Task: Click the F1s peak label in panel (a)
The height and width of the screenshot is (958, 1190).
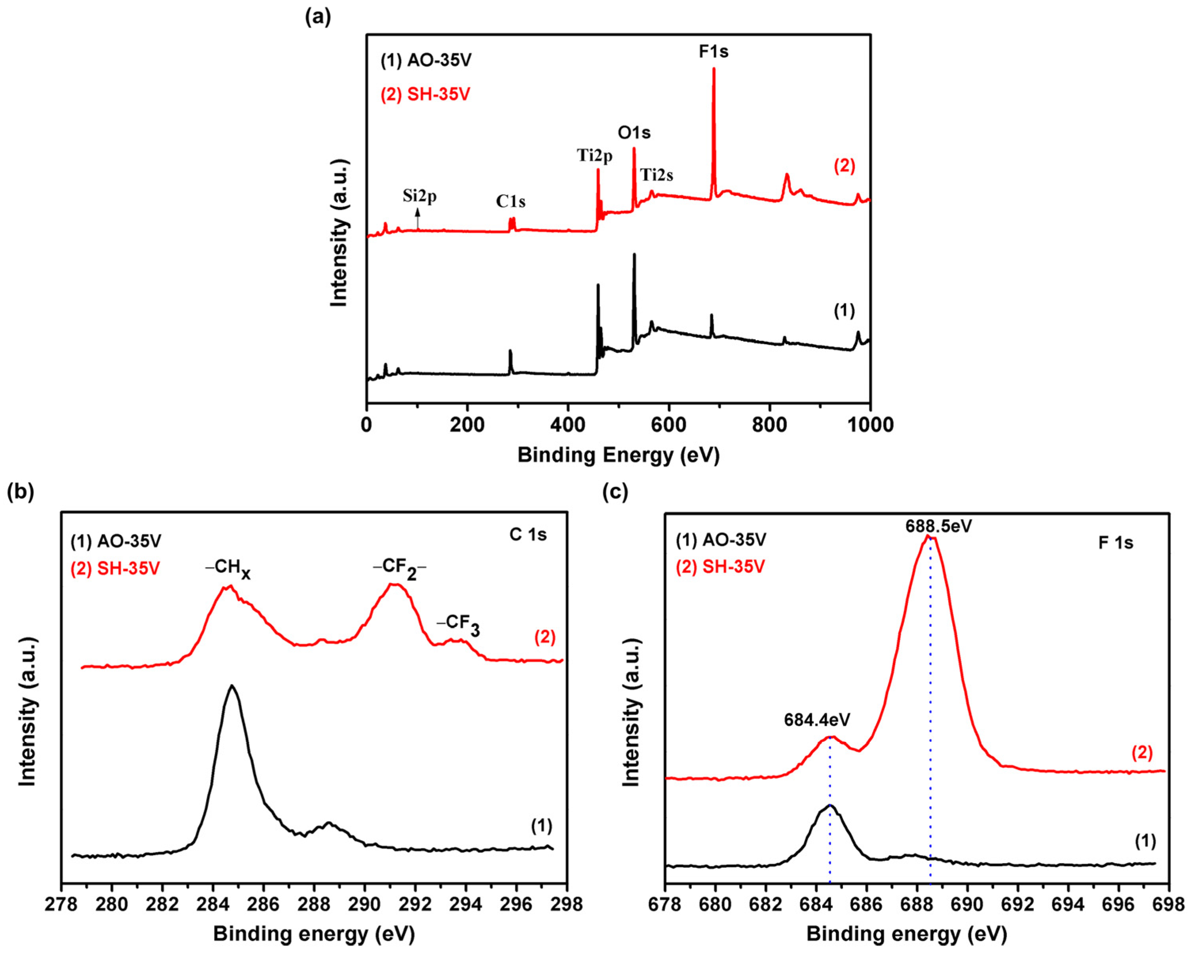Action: click(714, 52)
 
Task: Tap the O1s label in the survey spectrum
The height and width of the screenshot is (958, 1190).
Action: click(634, 133)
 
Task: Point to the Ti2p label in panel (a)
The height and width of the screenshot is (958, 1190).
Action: click(595, 156)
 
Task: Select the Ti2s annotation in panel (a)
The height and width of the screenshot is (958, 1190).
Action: click(657, 176)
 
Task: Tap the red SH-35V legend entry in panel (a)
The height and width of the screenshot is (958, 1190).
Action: click(425, 95)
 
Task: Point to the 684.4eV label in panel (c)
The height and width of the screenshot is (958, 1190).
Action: click(817, 719)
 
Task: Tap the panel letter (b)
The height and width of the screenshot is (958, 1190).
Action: click(21, 492)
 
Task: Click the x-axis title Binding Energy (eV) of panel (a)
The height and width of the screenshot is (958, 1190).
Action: click(619, 455)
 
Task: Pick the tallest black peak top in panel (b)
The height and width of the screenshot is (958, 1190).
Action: click(232, 687)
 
